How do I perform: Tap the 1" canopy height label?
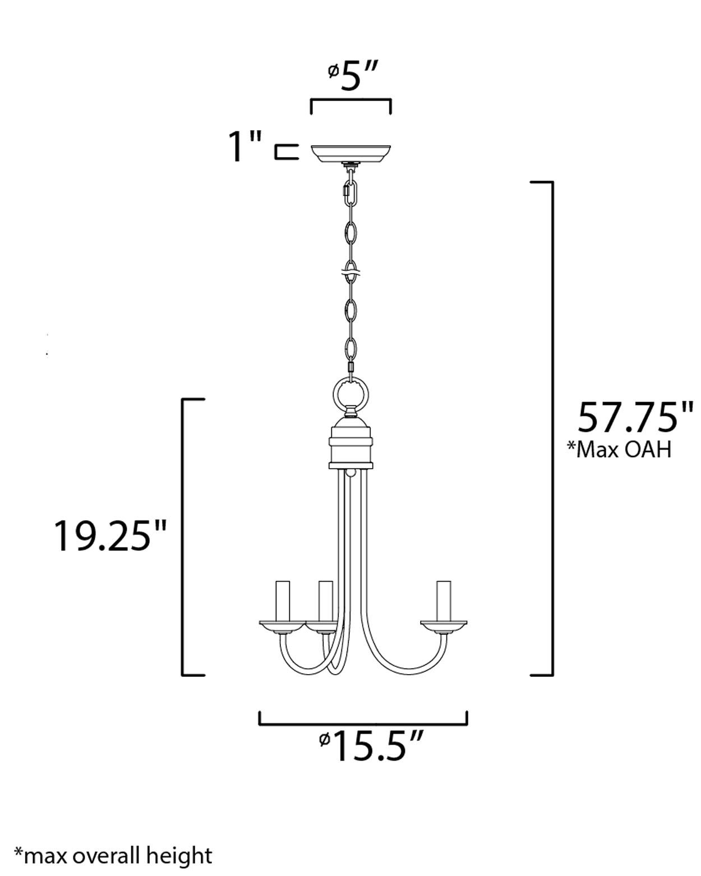point(245,147)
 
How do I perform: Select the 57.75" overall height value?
point(635,418)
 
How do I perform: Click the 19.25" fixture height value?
point(110,536)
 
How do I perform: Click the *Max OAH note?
point(619,450)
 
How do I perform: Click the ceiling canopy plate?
point(351,153)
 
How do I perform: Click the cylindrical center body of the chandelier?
point(351,446)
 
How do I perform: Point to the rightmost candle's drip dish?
point(444,624)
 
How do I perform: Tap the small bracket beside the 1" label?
point(286,152)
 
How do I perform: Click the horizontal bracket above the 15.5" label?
point(363,722)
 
